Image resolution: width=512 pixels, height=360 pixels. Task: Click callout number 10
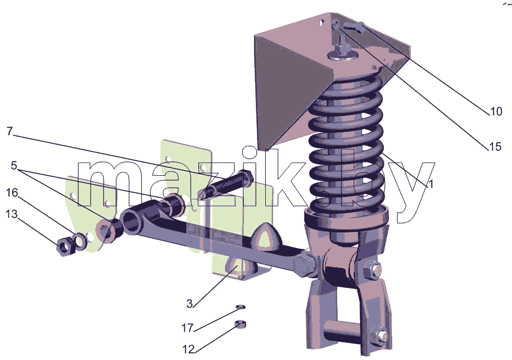pyautogui.click(x=496, y=112)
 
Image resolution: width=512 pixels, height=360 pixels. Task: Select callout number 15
pyautogui.click(x=495, y=147)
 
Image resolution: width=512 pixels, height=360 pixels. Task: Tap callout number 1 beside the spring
pyautogui.click(x=430, y=184)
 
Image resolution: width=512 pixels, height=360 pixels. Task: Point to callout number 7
pyautogui.click(x=10, y=131)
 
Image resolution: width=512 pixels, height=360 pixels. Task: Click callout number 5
pyautogui.click(x=14, y=166)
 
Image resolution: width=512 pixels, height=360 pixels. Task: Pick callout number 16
pyautogui.click(x=12, y=193)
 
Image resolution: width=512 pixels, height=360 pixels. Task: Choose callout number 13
pyautogui.click(x=12, y=214)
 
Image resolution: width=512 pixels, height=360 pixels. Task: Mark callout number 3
pyautogui.click(x=190, y=304)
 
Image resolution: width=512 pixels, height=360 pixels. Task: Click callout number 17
pyautogui.click(x=187, y=328)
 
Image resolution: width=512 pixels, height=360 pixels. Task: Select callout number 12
pyautogui.click(x=188, y=349)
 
